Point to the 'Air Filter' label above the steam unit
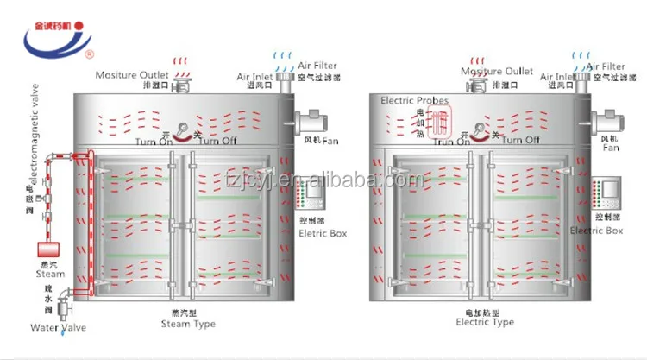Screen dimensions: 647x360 (317, 66)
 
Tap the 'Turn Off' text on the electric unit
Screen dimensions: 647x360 (521, 139)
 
